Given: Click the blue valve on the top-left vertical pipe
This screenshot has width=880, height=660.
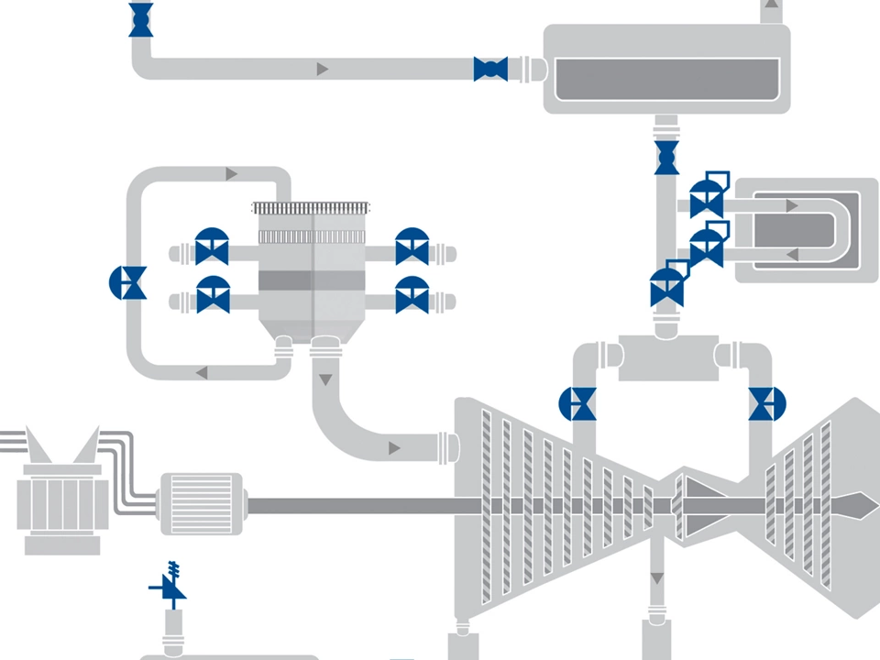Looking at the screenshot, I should click(x=140, y=20).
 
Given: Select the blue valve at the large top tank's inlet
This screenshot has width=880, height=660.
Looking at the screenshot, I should click(x=490, y=69).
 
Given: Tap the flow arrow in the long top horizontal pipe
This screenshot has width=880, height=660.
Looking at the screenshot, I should click(x=323, y=69).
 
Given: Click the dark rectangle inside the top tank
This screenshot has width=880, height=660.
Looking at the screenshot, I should click(x=667, y=80).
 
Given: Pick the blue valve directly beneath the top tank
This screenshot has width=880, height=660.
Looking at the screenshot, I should click(x=666, y=157).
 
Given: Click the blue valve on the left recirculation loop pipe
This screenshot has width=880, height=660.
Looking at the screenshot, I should click(x=127, y=282).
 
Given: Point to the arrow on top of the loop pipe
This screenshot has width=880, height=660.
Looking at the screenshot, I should click(x=231, y=173).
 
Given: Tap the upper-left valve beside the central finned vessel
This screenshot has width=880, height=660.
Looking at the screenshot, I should click(x=213, y=247).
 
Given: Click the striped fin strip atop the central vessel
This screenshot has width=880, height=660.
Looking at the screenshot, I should click(x=313, y=209).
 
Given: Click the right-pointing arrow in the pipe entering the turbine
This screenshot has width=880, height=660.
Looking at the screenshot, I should click(x=394, y=447).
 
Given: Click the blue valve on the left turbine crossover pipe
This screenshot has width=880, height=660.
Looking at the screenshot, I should click(x=577, y=403).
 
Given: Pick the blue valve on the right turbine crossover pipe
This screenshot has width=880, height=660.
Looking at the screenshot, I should click(x=767, y=403).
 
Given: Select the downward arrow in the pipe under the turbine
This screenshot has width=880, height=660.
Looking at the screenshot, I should click(x=656, y=578).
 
